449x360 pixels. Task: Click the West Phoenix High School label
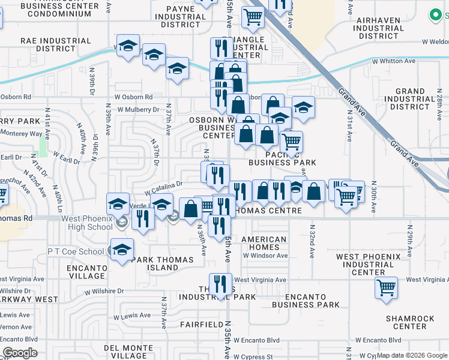coord(86,223)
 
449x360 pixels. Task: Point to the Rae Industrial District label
coord(56,44)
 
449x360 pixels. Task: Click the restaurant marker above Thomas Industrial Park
coord(220,284)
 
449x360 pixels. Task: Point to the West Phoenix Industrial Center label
coord(368,264)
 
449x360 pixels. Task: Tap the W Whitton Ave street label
coord(393,61)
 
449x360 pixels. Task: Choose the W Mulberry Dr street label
coord(139,110)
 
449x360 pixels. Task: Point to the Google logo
coord(20,353)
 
